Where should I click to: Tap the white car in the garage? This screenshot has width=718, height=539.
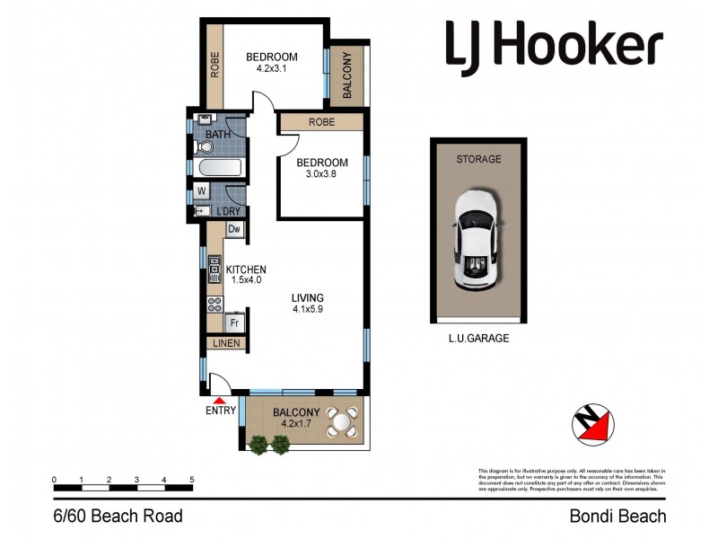478,240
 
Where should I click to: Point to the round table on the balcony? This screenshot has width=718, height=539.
341,420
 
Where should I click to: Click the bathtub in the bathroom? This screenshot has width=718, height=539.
217,168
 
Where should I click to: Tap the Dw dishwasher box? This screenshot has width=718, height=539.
233,230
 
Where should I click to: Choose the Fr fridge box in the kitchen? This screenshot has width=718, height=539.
233,322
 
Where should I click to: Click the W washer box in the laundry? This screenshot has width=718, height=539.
201,190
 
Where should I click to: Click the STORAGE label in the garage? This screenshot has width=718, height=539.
477,159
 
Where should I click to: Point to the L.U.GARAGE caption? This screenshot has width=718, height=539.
477,340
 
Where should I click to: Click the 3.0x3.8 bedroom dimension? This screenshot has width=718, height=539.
315,176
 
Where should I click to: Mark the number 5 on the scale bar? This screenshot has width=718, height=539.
191,480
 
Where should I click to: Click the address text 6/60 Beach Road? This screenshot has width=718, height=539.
117,516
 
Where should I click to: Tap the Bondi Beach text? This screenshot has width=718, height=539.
618,516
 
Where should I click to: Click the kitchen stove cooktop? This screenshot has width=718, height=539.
215,304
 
